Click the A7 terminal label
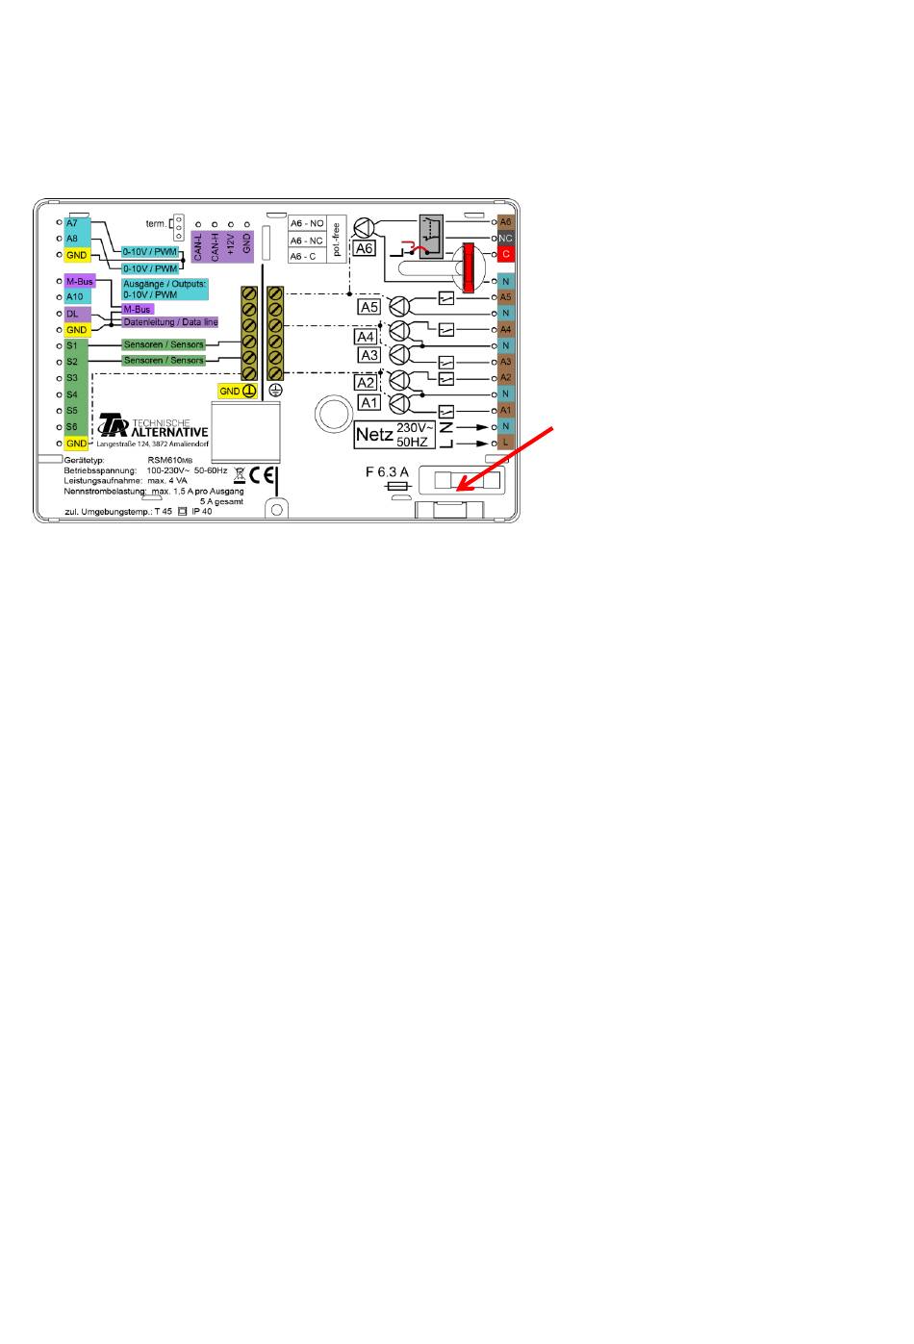[x=72, y=223]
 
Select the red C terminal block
[x=506, y=254]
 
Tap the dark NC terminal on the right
[x=506, y=238]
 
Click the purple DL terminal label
[x=73, y=314]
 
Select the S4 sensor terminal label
[x=72, y=394]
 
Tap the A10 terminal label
[x=75, y=297]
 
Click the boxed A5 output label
[x=369, y=307]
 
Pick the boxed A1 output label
[x=369, y=402]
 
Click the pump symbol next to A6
[x=365, y=228]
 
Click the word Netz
[x=374, y=435]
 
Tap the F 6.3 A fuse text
[x=387, y=472]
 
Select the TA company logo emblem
[x=114, y=425]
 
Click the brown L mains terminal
[x=506, y=443]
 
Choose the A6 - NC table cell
[x=307, y=241]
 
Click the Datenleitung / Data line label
[x=170, y=322]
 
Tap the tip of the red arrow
[x=456, y=492]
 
